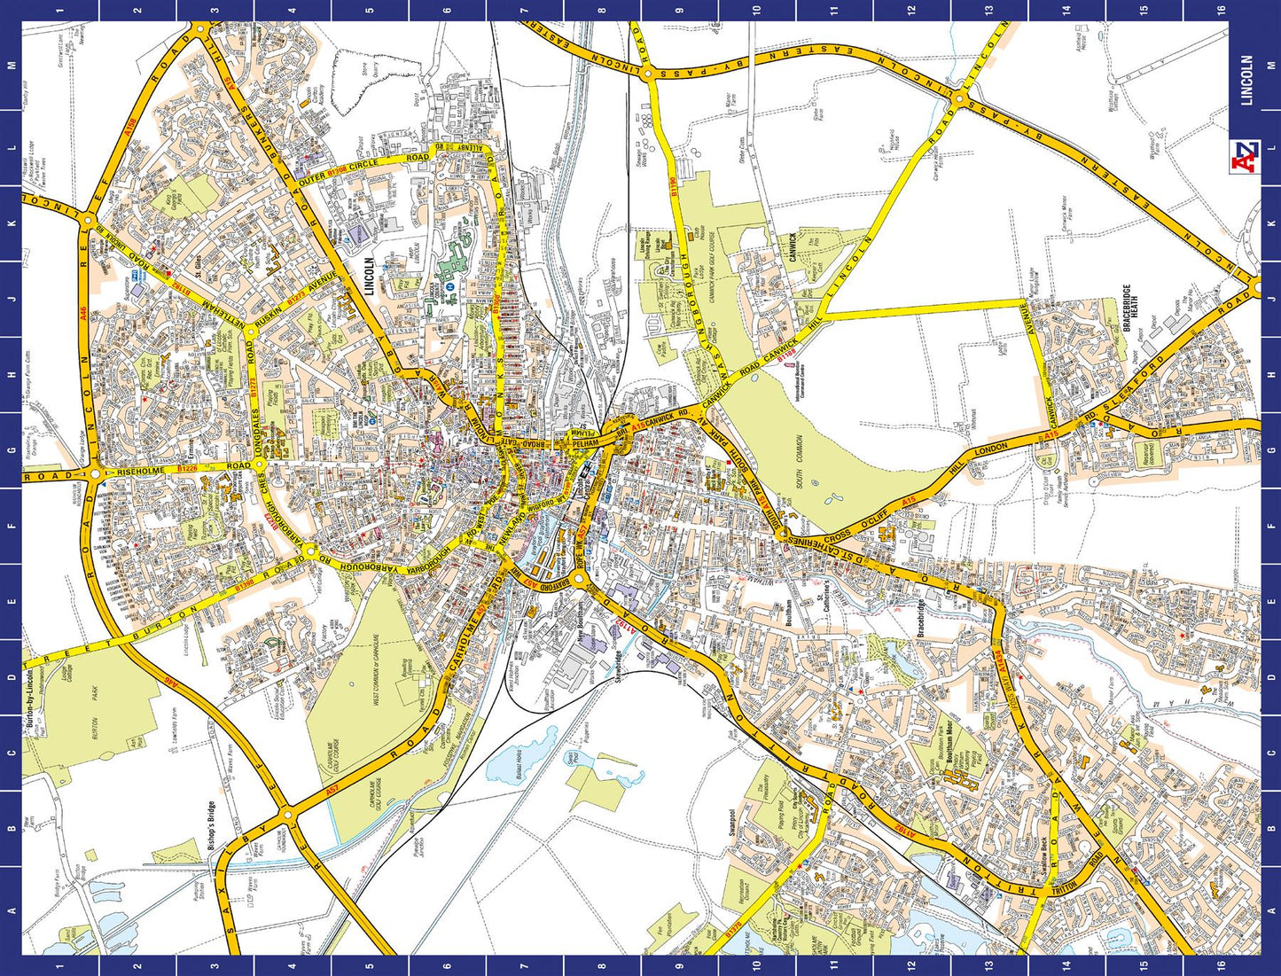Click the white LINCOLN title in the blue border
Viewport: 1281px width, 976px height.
point(1246,81)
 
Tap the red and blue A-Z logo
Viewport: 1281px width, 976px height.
point(1246,156)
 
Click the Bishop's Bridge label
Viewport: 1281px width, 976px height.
point(211,827)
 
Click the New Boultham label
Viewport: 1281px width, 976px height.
point(582,630)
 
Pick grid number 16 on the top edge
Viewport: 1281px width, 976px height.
point(1221,10)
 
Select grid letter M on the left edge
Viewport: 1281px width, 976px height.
point(12,66)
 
